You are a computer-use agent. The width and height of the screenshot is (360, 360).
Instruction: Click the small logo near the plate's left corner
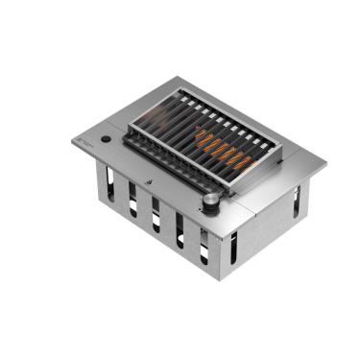tap(85, 141)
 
